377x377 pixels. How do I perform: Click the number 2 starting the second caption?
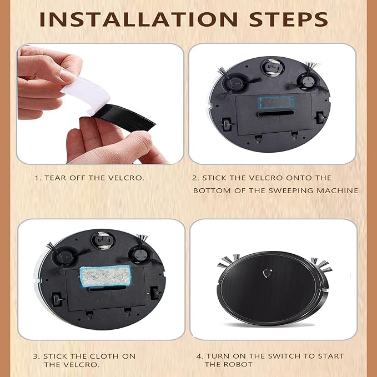click(195, 178)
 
